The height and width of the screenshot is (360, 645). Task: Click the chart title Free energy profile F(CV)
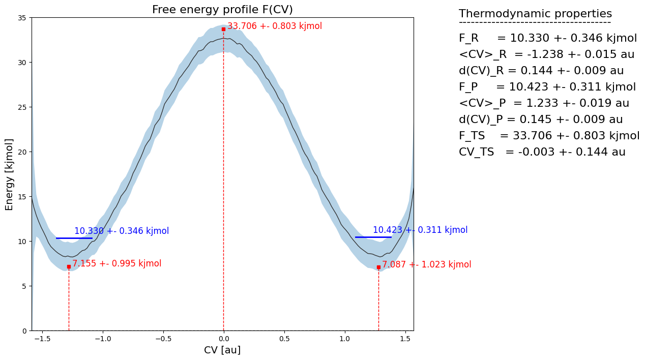tap(222, 10)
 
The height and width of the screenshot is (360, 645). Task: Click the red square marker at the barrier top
tap(223, 29)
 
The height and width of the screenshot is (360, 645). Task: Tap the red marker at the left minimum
tap(69, 266)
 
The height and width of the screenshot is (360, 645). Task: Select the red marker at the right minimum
tap(378, 267)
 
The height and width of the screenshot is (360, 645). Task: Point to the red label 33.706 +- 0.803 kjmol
tap(275, 26)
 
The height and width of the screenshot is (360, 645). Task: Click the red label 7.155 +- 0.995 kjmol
tap(116, 263)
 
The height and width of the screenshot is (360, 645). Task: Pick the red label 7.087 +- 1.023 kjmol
tap(427, 264)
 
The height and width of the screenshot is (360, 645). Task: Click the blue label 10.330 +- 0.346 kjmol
tap(122, 231)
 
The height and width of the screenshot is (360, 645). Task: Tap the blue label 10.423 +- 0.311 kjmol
tap(420, 230)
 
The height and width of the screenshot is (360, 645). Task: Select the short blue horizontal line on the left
tap(74, 238)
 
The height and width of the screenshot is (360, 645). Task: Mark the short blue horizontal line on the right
tap(373, 237)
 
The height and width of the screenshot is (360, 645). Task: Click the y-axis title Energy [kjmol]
tap(9, 174)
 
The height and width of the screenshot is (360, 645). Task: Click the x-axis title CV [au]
tap(222, 350)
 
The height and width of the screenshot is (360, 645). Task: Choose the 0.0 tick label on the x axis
tap(223, 338)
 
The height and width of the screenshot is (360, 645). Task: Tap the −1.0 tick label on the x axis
tap(102, 338)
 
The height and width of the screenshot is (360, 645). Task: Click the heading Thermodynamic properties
tap(535, 14)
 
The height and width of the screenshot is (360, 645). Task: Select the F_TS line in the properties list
tap(549, 136)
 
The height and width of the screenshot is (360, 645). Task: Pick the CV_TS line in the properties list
tap(542, 152)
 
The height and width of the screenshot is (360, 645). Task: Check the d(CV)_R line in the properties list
tap(541, 71)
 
